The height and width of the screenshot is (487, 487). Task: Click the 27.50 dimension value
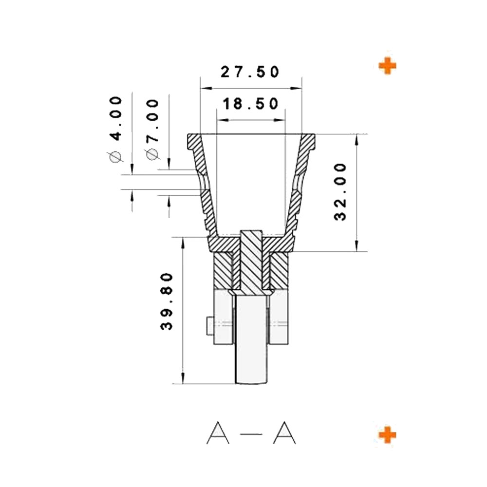250,72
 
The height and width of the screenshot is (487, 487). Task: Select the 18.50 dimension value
250,104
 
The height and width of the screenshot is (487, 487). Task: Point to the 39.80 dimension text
167,301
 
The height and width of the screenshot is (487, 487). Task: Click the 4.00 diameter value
116,118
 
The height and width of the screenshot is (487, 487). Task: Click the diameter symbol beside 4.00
115,157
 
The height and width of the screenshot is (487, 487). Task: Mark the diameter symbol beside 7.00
152,154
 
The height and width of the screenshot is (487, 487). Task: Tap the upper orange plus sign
387,66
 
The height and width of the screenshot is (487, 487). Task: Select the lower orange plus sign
387,434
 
